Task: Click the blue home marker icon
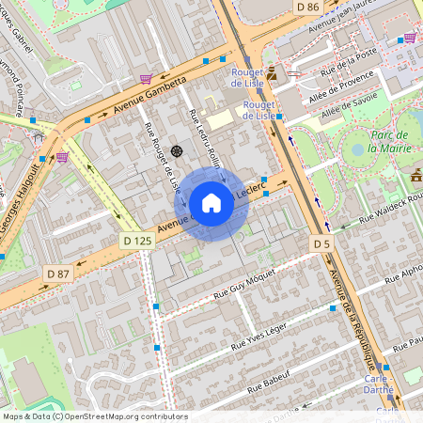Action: point(211,203)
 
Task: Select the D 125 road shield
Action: point(136,242)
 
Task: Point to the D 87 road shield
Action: point(59,273)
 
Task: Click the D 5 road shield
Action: point(322,244)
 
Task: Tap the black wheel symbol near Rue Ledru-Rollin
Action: point(176,150)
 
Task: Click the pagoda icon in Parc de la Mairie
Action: point(416,175)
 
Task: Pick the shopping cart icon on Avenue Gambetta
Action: point(146,79)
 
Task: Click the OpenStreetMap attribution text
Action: point(94,415)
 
